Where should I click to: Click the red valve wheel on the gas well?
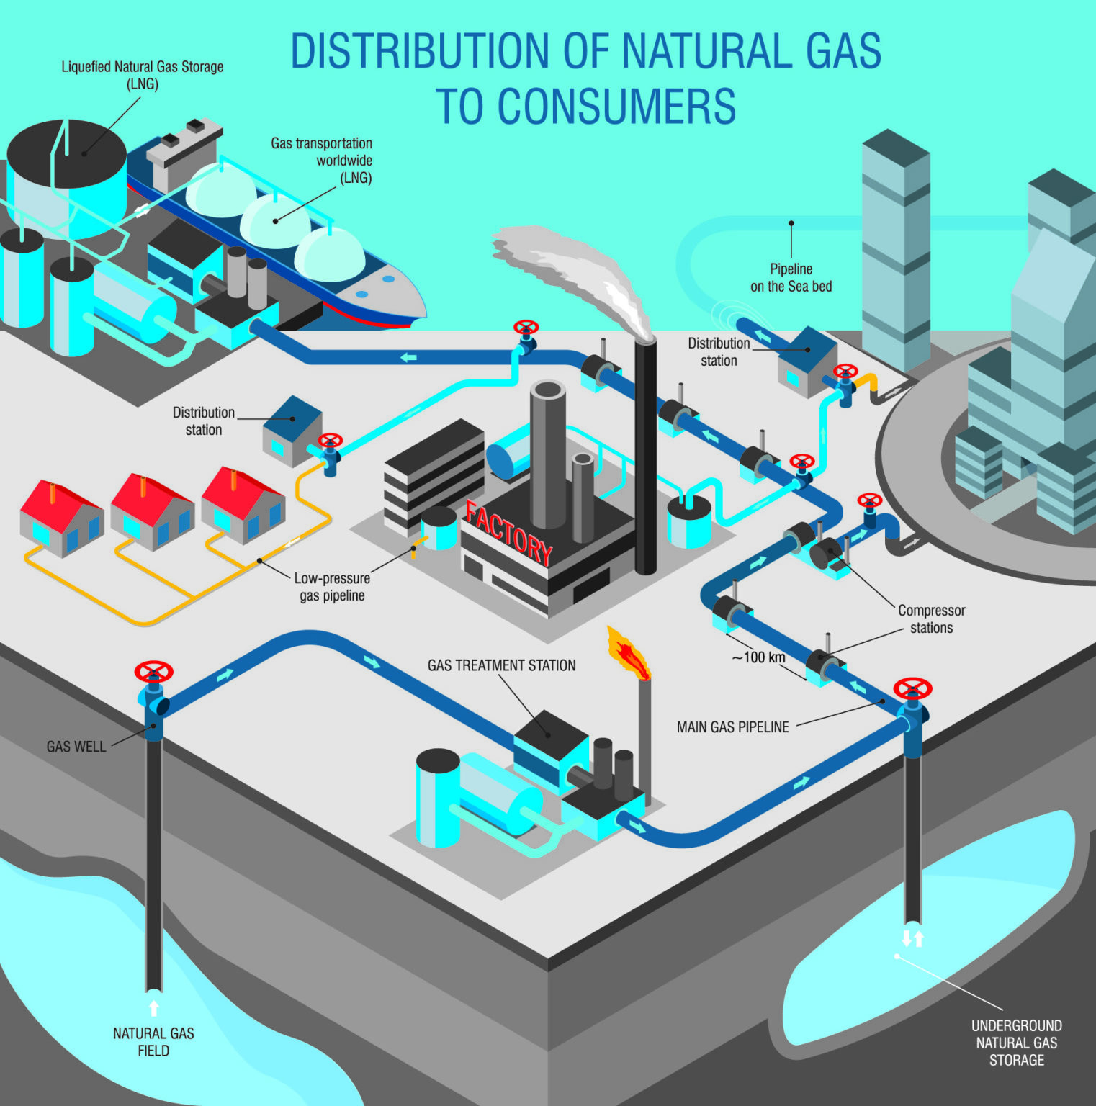click(x=153, y=673)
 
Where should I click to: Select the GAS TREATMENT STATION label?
click(x=501, y=665)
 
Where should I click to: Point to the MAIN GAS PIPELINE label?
click(x=732, y=727)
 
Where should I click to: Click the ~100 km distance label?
click(x=758, y=657)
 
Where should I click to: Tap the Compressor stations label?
click(x=931, y=619)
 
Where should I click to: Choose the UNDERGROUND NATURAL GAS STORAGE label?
click(x=1016, y=1043)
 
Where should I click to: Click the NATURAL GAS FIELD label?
click(x=153, y=1042)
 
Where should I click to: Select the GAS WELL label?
click(x=76, y=747)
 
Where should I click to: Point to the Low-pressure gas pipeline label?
click(x=332, y=587)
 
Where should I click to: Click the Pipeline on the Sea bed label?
click(x=791, y=278)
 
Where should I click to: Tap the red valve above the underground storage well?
click(x=912, y=688)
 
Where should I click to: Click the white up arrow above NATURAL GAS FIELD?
click(x=153, y=1007)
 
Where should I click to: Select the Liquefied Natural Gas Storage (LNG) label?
click(x=142, y=75)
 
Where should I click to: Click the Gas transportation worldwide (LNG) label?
click(x=322, y=161)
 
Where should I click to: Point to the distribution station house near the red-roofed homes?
click(x=292, y=431)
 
